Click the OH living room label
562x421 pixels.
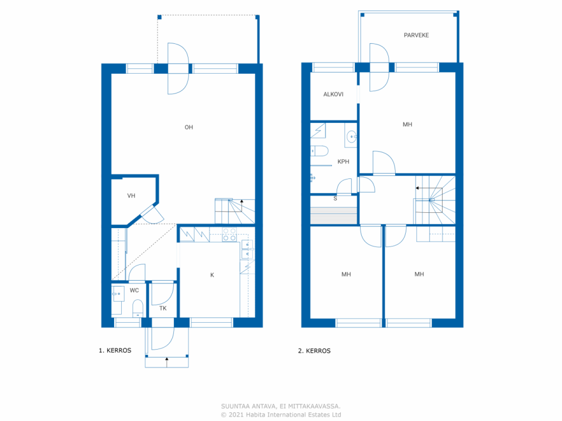[189, 127]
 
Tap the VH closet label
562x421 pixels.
[131, 196]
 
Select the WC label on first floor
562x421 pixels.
[134, 290]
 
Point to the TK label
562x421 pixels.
[163, 308]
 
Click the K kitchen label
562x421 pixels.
[212, 275]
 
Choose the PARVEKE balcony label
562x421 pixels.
[416, 35]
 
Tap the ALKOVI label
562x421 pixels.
[333, 94]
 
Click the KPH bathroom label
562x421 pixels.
[343, 161]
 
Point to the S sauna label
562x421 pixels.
[335, 199]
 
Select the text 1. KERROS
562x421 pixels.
[115, 350]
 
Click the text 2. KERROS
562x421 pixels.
[314, 351]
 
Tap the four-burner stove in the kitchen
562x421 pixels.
[229, 235]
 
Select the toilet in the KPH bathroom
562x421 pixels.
[319, 151]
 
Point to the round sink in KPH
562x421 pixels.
[351, 136]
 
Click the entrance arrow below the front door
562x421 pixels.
[167, 363]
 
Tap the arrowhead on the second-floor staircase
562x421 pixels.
[417, 188]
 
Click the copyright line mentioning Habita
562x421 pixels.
[281, 414]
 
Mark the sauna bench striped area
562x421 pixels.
[334, 215]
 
